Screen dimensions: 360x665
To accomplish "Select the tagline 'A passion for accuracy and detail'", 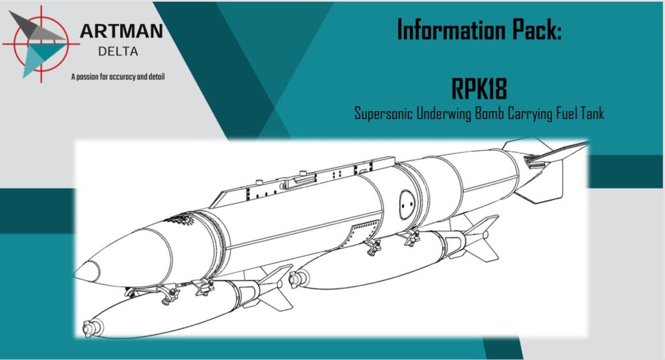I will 118,77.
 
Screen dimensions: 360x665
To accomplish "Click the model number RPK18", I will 479,89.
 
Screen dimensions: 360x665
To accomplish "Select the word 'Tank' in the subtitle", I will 591,113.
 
